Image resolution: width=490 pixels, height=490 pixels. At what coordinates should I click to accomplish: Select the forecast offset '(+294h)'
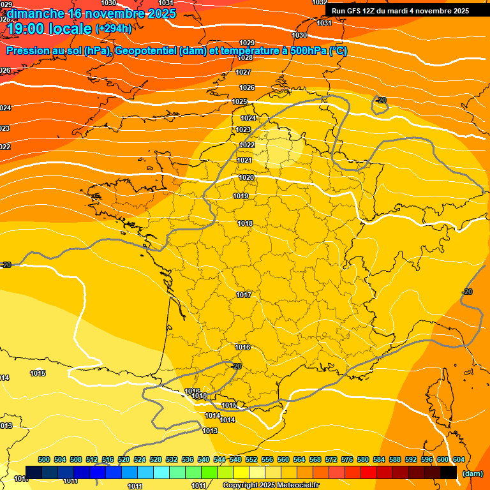(x=113, y=29)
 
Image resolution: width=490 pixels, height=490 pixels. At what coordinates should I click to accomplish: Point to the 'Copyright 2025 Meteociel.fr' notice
(x=271, y=486)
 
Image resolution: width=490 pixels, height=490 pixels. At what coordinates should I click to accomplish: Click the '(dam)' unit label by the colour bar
(x=471, y=473)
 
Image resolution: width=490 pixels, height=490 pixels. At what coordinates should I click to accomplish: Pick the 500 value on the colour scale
(x=44, y=459)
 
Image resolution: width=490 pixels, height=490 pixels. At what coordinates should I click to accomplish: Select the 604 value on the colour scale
(x=458, y=459)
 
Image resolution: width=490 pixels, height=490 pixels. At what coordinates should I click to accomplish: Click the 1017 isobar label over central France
(x=243, y=295)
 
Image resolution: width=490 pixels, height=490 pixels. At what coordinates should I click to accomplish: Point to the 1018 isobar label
(x=245, y=223)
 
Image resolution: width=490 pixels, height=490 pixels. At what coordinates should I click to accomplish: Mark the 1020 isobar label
(x=246, y=177)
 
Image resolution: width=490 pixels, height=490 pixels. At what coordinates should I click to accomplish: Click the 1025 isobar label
(x=239, y=102)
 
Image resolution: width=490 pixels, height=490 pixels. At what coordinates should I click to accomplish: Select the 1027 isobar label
(x=243, y=72)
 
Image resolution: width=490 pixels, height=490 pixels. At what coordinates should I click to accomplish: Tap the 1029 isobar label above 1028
(x=246, y=43)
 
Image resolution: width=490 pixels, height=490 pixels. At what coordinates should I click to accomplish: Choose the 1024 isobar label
(x=248, y=118)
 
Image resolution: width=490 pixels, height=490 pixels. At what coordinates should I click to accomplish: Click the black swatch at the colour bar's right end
(x=449, y=473)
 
